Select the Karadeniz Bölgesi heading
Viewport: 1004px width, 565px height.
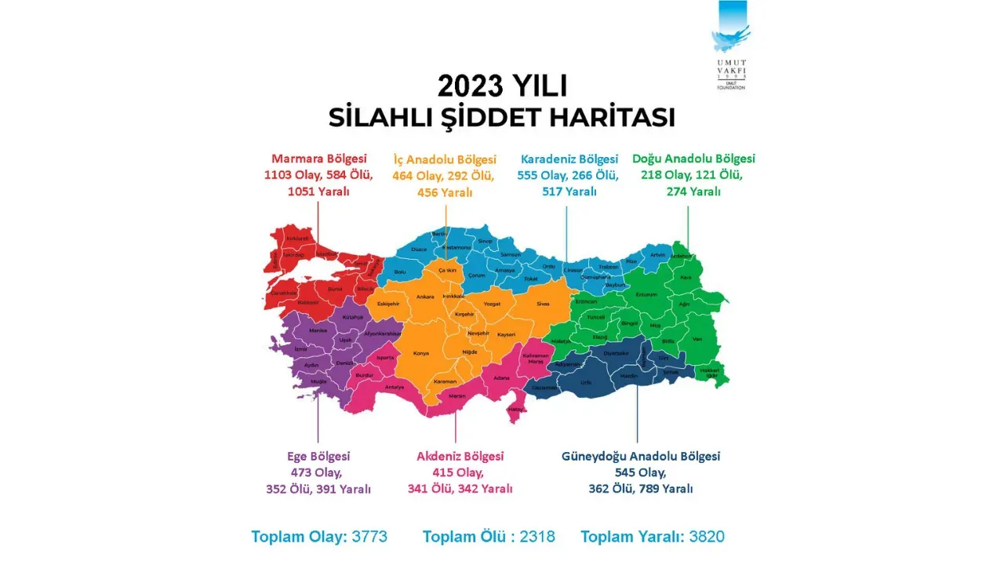point(569,159)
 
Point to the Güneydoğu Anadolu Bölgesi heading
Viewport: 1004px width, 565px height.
point(641,456)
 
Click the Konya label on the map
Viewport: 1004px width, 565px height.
point(421,353)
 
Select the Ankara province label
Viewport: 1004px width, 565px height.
point(425,297)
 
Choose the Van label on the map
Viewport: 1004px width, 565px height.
point(695,338)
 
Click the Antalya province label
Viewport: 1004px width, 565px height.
point(394,387)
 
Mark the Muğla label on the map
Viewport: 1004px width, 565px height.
point(318,381)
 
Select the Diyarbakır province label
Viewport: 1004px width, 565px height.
point(616,353)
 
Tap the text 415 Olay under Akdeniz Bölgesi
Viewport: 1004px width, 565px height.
point(458,472)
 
